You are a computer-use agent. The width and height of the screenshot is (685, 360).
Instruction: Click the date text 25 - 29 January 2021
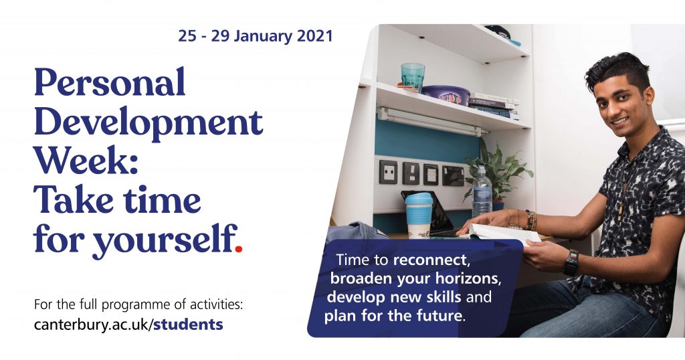click(255, 36)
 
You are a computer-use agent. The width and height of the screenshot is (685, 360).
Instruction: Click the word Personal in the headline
click(110, 82)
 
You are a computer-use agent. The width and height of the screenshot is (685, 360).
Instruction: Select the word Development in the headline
click(149, 122)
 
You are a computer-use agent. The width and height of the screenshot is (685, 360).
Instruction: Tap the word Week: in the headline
click(86, 161)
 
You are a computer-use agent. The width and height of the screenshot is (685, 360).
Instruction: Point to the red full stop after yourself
click(238, 250)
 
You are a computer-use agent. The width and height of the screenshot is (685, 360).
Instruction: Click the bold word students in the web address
click(188, 324)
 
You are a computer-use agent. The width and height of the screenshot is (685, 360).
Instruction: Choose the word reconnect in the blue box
click(430, 260)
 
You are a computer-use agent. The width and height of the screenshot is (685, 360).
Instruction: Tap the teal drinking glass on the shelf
click(413, 78)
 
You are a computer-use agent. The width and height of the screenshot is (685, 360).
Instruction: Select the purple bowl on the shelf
click(446, 95)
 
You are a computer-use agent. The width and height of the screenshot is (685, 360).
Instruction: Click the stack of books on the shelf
click(494, 106)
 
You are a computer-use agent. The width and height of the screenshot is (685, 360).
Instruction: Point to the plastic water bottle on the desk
click(482, 191)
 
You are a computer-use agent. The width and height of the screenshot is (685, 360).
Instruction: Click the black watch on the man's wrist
click(571, 262)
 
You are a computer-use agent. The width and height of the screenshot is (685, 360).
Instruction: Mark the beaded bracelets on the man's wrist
click(530, 220)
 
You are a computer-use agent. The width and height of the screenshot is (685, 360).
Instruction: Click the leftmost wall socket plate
click(388, 172)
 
